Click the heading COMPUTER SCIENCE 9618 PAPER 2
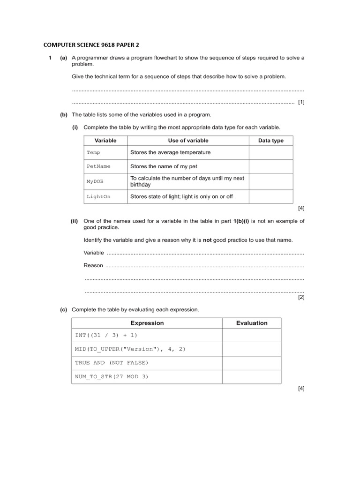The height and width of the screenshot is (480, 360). [91, 45]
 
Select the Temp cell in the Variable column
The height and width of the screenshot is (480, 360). [93, 152]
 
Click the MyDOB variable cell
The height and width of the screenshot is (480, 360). [93, 181]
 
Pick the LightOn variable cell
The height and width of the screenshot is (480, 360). [98, 196]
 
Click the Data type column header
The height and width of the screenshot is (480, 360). [270, 141]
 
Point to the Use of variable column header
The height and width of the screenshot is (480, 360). [188, 141]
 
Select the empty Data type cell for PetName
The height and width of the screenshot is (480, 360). [270, 166]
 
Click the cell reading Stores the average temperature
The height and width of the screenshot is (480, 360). [170, 152]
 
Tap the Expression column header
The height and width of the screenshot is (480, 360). [147, 323]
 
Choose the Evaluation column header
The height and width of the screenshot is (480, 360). [252, 323]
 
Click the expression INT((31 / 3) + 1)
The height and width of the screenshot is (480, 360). [106, 336]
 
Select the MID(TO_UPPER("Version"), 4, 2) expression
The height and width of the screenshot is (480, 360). [127, 349]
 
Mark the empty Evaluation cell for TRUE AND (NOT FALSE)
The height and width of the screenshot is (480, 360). [252, 363]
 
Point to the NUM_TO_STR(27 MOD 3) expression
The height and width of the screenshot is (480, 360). [112, 376]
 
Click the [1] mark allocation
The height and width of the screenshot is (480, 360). [301, 102]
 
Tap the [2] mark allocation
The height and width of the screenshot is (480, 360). [301, 297]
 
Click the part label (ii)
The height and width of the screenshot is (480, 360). [75, 221]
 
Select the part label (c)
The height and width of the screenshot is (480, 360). [63, 309]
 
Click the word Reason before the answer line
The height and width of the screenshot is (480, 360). [93, 265]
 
